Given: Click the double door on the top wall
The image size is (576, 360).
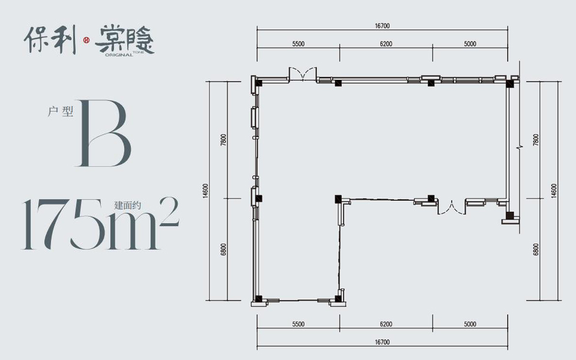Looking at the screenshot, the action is [x=302, y=74].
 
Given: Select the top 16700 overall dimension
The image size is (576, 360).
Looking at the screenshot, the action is [x=382, y=26].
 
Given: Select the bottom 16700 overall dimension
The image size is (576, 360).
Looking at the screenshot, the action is [x=382, y=342].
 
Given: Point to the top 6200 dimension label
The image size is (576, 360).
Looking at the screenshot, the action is [x=386, y=44].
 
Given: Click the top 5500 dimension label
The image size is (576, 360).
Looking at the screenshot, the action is [x=298, y=44].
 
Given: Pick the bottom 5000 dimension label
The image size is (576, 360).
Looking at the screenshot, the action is [x=470, y=324].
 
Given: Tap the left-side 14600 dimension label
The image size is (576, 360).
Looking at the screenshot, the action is [x=205, y=191].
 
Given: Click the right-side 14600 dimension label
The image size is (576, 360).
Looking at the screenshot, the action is [x=554, y=191].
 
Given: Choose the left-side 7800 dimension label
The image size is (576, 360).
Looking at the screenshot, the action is [x=223, y=140].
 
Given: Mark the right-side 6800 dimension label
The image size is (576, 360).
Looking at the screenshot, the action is [x=536, y=250].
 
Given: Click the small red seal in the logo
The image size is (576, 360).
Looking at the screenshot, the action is [x=86, y=40].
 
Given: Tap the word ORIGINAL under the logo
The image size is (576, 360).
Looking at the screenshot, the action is [x=119, y=55].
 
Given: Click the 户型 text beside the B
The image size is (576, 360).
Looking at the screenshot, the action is [x=61, y=112].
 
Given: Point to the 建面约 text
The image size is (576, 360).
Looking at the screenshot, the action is [x=127, y=205].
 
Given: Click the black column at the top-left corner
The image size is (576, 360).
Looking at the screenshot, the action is [x=259, y=83].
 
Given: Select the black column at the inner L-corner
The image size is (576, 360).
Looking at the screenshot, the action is [x=338, y=199].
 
